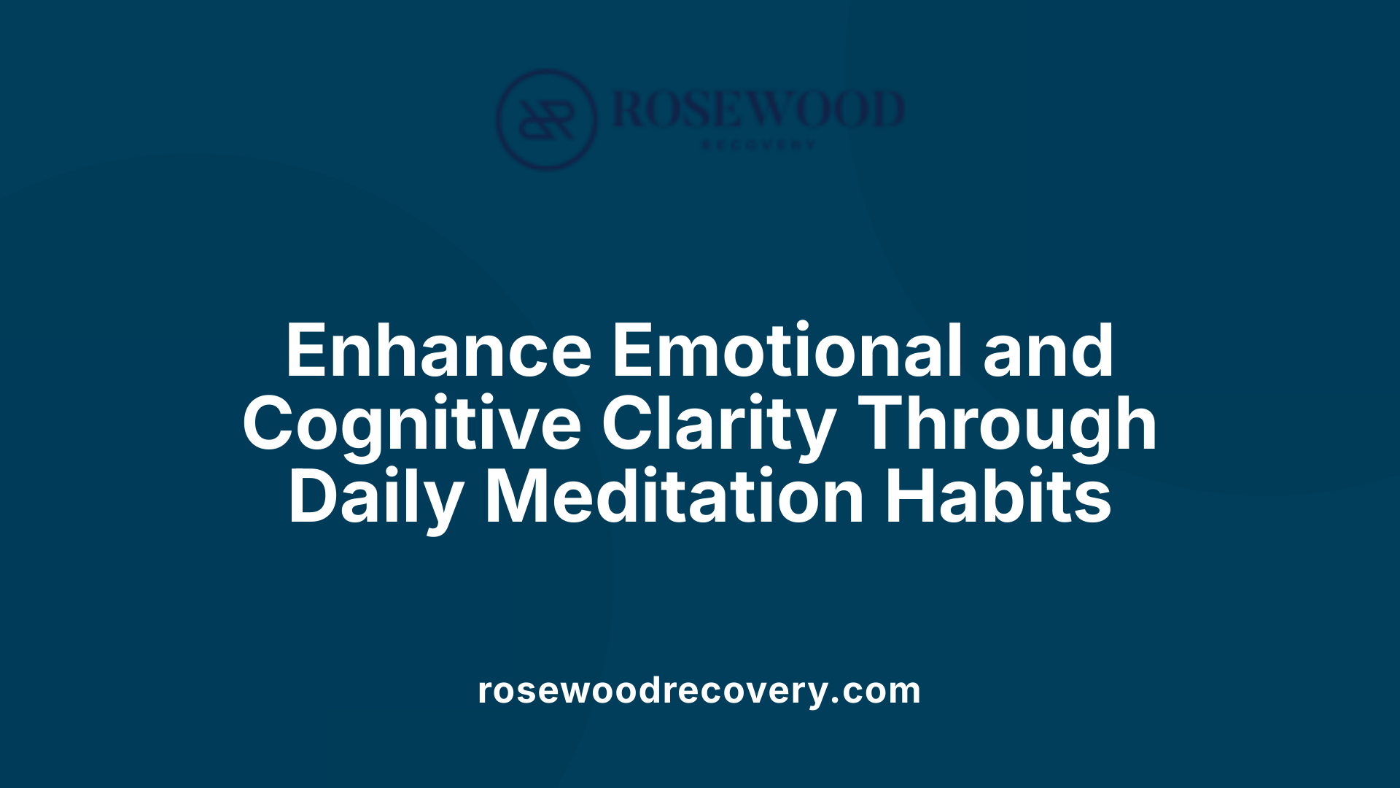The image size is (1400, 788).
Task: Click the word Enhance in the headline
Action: click(437, 352)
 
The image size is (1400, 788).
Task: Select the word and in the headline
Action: click(1048, 352)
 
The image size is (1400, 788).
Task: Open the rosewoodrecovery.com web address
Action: click(699, 690)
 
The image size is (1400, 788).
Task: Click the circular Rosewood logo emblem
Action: click(546, 120)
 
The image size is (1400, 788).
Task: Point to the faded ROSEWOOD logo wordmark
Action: click(758, 109)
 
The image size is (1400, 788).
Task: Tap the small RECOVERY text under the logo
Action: click(758, 145)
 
